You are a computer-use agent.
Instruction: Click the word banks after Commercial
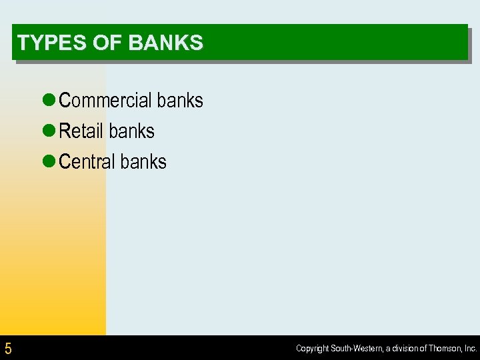tap(179, 101)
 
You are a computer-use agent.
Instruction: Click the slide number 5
tap(8, 348)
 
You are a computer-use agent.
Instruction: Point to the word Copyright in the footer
tap(313, 348)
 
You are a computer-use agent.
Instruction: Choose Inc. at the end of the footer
tap(471, 348)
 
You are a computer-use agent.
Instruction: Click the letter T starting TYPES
tap(23, 43)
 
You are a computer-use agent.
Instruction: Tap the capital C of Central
tap(65, 162)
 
